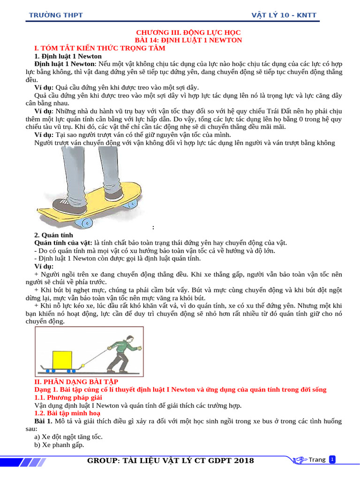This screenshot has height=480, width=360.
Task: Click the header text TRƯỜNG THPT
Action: pos(56,15)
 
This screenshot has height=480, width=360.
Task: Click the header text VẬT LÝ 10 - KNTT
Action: pos(284,15)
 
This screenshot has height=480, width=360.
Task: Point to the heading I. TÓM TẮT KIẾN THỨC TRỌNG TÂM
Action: pos(100,48)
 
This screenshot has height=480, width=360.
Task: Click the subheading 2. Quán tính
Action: pos(54,235)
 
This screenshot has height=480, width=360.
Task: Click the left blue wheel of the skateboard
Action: pos(88,221)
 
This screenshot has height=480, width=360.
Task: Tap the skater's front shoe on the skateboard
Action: pos(66,204)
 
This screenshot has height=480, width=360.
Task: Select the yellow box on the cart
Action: pos(62,360)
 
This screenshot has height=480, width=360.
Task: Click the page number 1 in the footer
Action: pos(332,459)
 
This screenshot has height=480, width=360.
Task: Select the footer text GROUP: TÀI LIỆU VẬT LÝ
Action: pos(171,461)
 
